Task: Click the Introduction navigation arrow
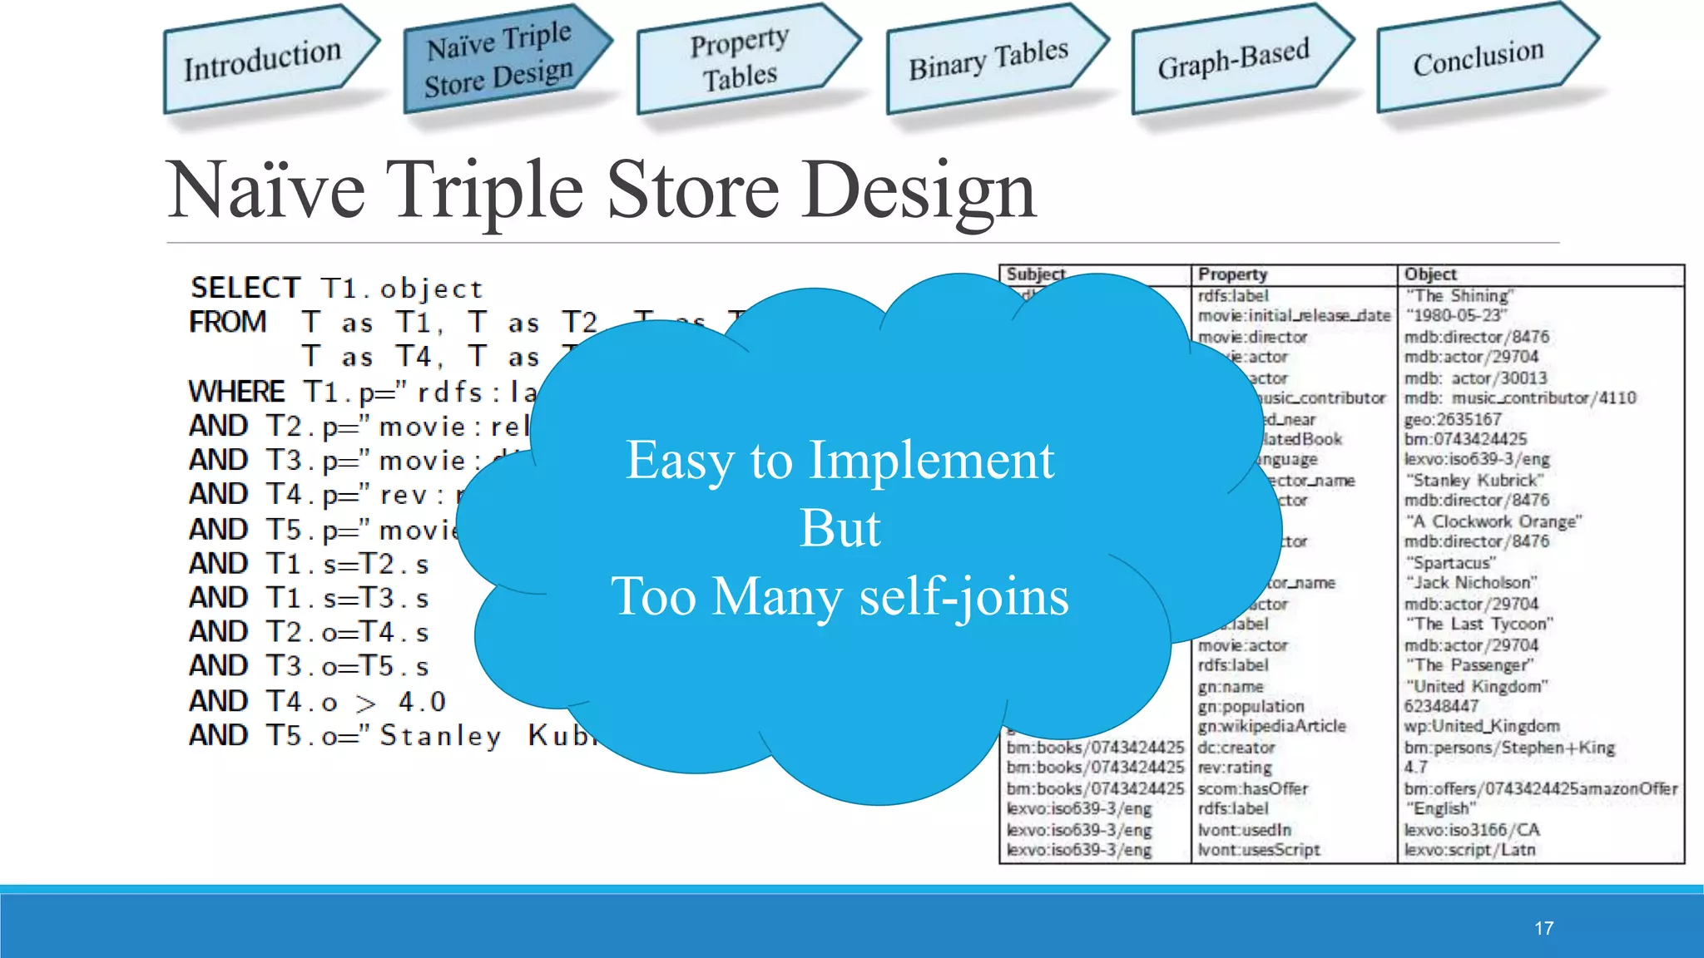(x=263, y=60)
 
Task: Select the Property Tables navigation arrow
(x=740, y=60)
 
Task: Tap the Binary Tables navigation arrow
(x=988, y=60)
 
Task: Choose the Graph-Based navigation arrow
(x=1234, y=58)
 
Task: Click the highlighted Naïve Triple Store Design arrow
(x=499, y=60)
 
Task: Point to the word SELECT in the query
(x=245, y=289)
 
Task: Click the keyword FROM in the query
(x=228, y=323)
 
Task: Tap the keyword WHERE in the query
(x=237, y=392)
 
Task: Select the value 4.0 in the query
(x=422, y=702)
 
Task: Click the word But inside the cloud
(x=840, y=528)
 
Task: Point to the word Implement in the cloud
(x=931, y=460)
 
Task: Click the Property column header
(x=1232, y=274)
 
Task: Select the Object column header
(x=1430, y=274)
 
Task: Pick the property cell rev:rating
(x=1235, y=768)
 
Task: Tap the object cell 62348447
(x=1441, y=706)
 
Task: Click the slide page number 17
(x=1543, y=928)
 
